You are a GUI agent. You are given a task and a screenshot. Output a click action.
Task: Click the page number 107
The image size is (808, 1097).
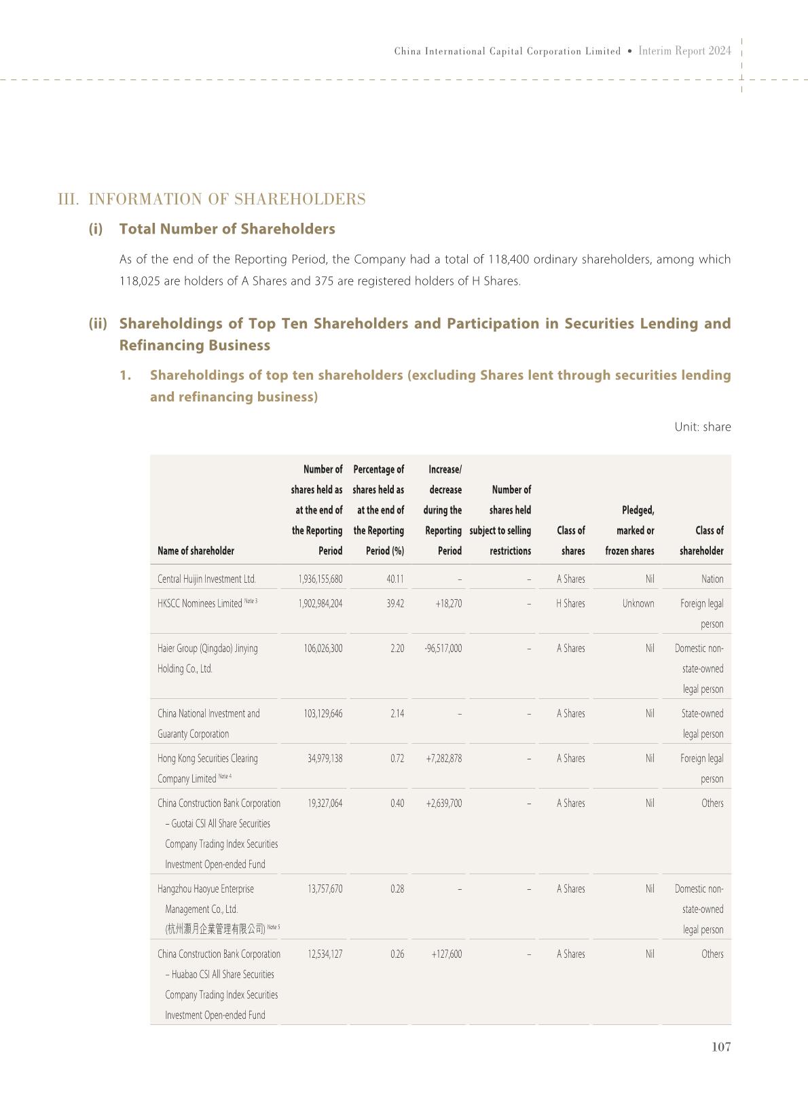coord(720,1047)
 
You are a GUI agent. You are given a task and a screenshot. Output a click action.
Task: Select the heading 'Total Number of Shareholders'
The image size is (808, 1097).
coord(227,229)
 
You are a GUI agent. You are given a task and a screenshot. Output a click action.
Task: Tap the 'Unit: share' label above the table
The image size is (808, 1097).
coord(702,427)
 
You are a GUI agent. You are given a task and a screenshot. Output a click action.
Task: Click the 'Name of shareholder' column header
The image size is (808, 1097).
coord(196,551)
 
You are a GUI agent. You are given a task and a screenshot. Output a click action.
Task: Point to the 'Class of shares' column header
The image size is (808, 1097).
coord(571,541)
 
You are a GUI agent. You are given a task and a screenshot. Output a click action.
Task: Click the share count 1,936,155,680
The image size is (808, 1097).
coord(320,579)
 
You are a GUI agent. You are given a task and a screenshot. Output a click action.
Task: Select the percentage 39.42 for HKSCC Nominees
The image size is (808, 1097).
coord(395,603)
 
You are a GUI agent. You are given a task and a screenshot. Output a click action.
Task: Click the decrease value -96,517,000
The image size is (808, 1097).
coord(443,648)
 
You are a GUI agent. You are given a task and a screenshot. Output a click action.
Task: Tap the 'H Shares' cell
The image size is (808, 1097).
coord(570,603)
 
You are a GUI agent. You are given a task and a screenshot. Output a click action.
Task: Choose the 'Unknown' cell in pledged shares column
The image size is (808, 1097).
coord(638,603)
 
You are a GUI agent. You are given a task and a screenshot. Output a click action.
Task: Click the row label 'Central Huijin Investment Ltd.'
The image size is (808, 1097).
coord(206,579)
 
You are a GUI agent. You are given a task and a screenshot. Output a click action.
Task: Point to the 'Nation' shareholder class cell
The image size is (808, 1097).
coord(712,579)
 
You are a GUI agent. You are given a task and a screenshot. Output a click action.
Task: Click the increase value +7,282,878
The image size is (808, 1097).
coord(443,758)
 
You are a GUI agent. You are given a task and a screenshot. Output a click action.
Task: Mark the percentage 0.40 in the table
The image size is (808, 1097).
coord(397,803)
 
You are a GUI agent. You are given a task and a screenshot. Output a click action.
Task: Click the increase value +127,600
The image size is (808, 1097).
coord(446,954)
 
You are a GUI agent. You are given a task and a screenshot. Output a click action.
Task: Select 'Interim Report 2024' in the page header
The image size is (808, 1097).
coord(684,51)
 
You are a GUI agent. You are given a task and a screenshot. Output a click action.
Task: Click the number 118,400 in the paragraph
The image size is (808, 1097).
coord(509,259)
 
